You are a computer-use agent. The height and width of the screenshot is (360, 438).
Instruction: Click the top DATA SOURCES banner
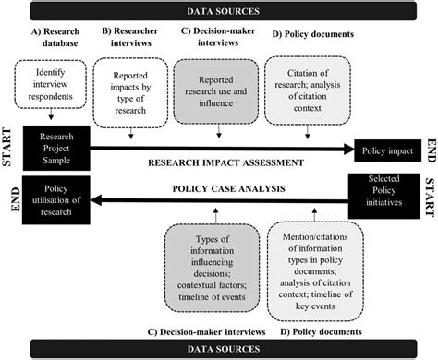pos(219,11)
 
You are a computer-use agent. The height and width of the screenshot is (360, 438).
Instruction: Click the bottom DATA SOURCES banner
pos(219,348)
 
